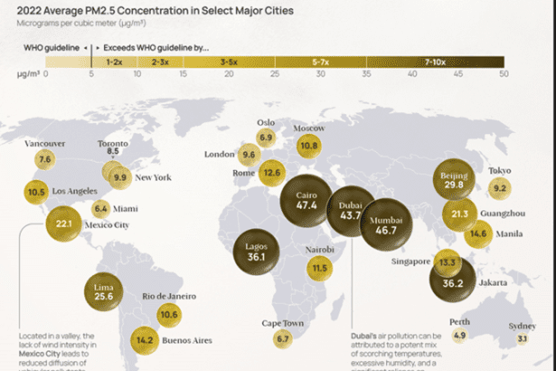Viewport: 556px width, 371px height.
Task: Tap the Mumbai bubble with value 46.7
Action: (x=386, y=225)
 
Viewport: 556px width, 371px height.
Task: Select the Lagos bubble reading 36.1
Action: (x=262, y=252)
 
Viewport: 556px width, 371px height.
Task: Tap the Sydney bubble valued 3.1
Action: (x=522, y=338)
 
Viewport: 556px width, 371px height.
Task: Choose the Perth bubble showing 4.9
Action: (x=459, y=335)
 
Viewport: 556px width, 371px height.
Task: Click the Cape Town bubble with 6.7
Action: (x=283, y=338)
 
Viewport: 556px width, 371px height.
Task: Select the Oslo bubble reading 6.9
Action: (x=266, y=138)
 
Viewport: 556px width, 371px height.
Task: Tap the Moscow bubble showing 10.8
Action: (x=309, y=145)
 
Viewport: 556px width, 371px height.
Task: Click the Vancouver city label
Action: (x=44, y=143)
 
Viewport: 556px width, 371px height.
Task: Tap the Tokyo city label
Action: (x=499, y=171)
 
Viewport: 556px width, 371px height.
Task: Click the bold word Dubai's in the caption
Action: (x=363, y=337)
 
